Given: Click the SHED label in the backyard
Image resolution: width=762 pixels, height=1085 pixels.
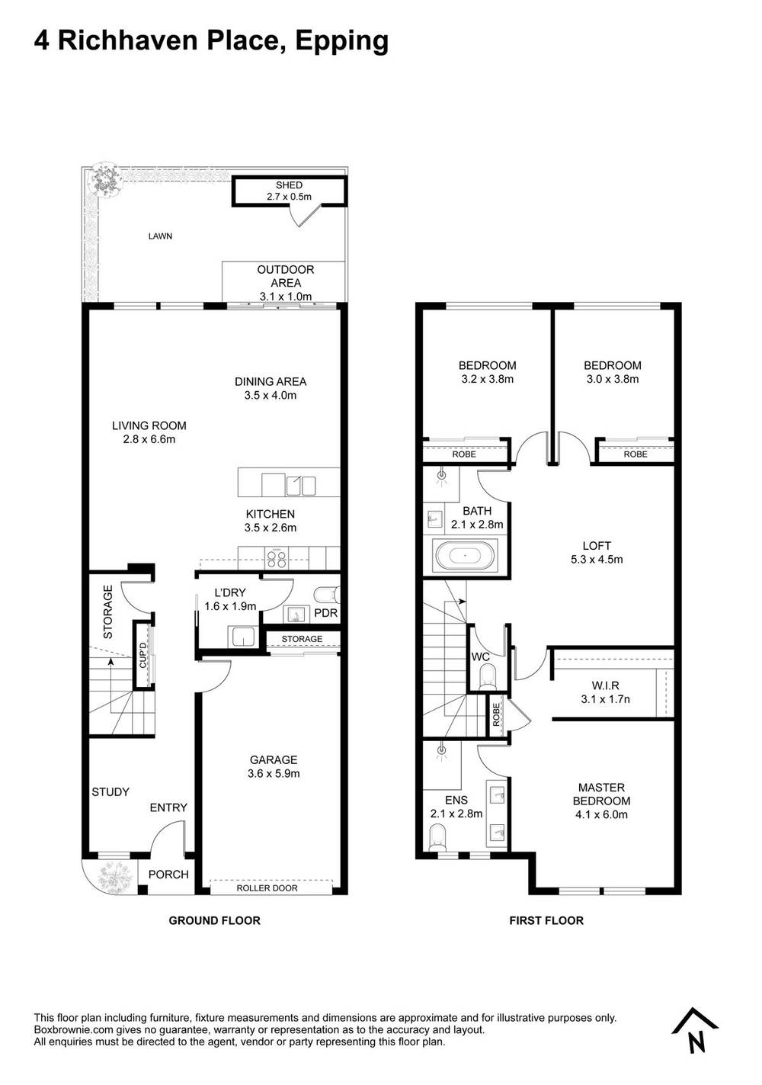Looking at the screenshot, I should (289, 185).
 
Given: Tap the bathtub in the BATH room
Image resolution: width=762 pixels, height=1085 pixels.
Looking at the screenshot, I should (465, 556).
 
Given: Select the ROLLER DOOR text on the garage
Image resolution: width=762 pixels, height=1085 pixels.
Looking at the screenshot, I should (267, 888).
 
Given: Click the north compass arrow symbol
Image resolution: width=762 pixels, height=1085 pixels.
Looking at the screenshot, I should (695, 1030).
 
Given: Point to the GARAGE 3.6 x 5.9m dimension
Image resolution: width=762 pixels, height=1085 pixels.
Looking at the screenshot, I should (274, 773).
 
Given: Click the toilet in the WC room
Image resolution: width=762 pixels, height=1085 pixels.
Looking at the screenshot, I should (485, 676).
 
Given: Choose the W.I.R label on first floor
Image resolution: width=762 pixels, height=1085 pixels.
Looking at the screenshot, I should (605, 685).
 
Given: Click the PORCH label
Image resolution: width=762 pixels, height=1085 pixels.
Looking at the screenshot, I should (168, 875).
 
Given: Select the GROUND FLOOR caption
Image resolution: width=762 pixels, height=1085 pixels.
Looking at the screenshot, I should (214, 920).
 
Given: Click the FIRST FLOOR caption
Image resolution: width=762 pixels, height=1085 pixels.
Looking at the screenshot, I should (546, 920).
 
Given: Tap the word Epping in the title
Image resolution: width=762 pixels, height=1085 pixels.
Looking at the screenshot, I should (341, 40).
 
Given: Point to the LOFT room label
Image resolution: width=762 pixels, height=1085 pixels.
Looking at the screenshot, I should (597, 546).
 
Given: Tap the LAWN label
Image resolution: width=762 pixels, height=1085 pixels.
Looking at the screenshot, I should (160, 236).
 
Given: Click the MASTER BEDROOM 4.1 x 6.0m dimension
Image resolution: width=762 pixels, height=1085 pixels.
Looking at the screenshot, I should (601, 814).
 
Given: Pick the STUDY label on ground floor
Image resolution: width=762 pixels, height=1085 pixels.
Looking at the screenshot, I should (110, 792).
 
